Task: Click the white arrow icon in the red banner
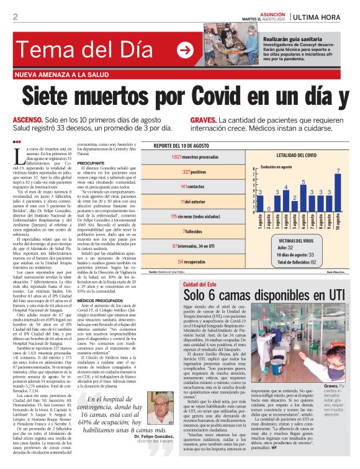click(x=185, y=50)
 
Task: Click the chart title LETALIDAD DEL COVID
click(x=298, y=153)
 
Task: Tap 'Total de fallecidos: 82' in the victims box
click(x=304, y=263)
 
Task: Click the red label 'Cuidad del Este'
click(x=199, y=284)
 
